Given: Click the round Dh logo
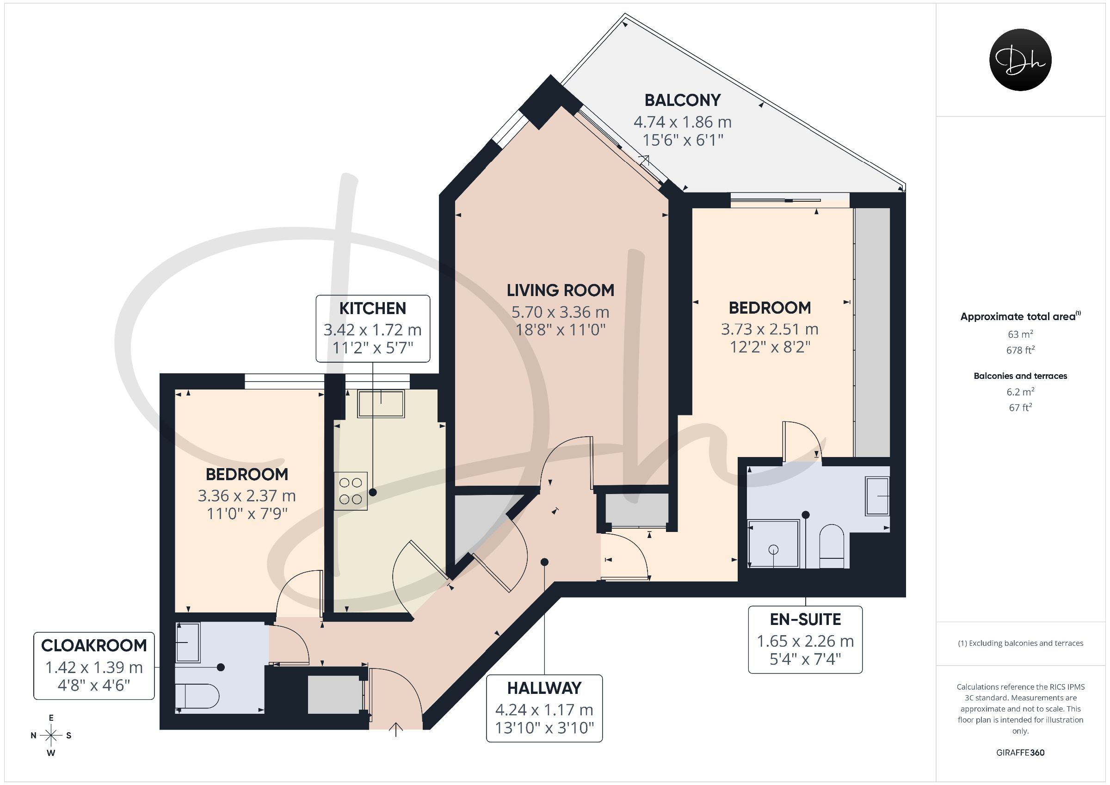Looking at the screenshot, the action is [x=1020, y=60].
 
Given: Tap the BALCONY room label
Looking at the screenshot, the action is [x=683, y=100].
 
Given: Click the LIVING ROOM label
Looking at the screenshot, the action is [x=560, y=290].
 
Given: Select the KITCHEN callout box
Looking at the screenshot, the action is [x=373, y=328].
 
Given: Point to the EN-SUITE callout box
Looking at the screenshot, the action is [x=805, y=639].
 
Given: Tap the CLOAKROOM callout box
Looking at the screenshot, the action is [x=94, y=666].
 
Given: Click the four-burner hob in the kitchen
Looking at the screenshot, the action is [x=351, y=491].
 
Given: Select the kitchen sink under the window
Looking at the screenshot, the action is [x=381, y=403].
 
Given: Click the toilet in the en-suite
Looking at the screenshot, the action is [x=832, y=547].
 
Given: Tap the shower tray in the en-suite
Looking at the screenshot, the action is [x=773, y=543].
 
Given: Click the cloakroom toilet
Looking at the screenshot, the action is [x=197, y=697].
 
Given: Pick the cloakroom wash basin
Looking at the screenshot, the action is [x=188, y=643].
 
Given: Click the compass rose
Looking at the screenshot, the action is [x=51, y=736].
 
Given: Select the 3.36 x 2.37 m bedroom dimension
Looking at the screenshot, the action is [x=247, y=496].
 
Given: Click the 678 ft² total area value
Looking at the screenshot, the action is [x=1020, y=350].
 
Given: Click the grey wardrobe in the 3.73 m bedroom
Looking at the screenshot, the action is [x=872, y=332].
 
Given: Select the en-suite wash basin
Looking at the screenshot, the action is [x=877, y=496].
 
